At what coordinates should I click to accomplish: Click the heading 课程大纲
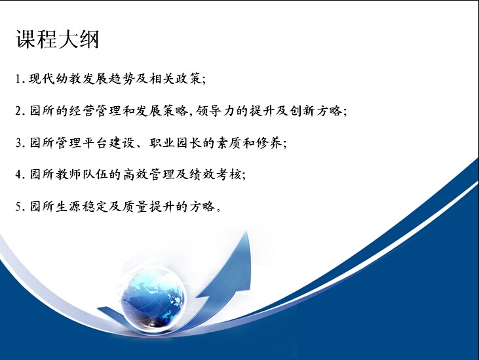(58, 39)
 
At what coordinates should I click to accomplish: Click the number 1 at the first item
(18, 79)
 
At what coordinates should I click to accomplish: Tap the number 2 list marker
(18, 111)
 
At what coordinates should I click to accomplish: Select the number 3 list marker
(18, 143)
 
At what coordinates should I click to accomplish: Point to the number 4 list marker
(18, 174)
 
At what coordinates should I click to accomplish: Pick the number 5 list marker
(18, 207)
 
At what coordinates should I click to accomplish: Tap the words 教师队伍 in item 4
(82, 174)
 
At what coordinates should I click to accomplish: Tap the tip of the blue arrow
(247, 231)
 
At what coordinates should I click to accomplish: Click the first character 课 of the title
(26, 39)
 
